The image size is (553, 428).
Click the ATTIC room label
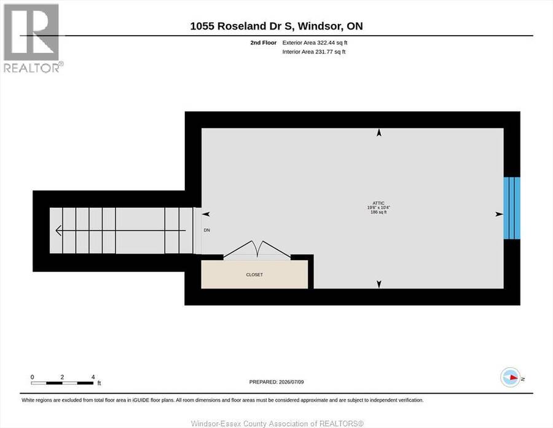pos(378,203)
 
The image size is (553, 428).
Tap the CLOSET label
pos(254,274)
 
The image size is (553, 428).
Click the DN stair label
pos(206,230)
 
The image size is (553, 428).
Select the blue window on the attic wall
pos(512,208)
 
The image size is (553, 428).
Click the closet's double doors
pos(257,250)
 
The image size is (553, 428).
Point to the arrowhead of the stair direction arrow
pos(59,231)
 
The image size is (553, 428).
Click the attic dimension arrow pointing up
pos(378,133)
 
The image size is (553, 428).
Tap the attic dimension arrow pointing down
pos(378,284)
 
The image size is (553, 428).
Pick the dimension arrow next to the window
pos(499,214)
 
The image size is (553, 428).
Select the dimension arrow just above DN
pos(206,214)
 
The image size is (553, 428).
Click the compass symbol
pos(511,377)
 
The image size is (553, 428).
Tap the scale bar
pos(62,383)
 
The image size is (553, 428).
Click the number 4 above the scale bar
pos(93,377)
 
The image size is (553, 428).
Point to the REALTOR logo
pos(33,38)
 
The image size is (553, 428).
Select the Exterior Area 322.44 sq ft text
pos(315,42)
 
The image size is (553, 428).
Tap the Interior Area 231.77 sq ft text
pos(314,52)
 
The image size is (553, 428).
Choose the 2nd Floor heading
pos(264,42)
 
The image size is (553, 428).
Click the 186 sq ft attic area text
pos(378,212)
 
